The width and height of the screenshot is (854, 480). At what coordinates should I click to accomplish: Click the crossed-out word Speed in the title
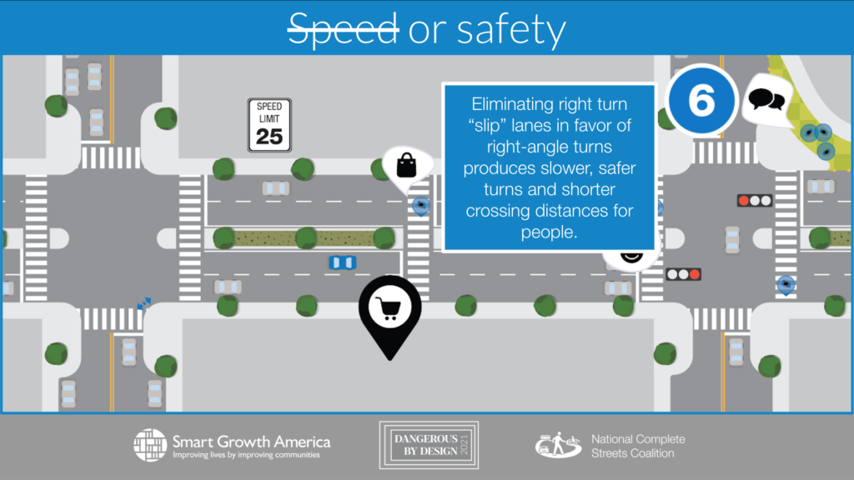[x=341, y=30]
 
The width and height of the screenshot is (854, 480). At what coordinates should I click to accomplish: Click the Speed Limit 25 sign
[x=269, y=126]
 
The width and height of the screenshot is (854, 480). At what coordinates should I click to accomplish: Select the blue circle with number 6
[x=702, y=100]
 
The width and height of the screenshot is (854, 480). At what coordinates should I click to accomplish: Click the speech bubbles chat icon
[x=766, y=101]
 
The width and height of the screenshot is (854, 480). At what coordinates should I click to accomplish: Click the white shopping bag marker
[x=405, y=164]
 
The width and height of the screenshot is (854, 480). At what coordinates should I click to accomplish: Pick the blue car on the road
[x=342, y=262]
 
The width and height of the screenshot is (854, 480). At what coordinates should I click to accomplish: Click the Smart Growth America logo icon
[x=150, y=445]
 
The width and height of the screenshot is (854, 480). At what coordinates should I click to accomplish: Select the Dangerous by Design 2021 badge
[x=429, y=446]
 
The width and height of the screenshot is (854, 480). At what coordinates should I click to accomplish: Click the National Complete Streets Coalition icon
[x=558, y=446]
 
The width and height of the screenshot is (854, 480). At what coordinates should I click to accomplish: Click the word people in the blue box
[x=548, y=232]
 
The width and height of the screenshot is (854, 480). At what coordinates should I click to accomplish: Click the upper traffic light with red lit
[x=753, y=201]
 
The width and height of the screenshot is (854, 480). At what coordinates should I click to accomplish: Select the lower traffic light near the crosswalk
[x=683, y=274]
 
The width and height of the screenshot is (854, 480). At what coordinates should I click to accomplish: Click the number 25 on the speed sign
[x=269, y=135]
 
